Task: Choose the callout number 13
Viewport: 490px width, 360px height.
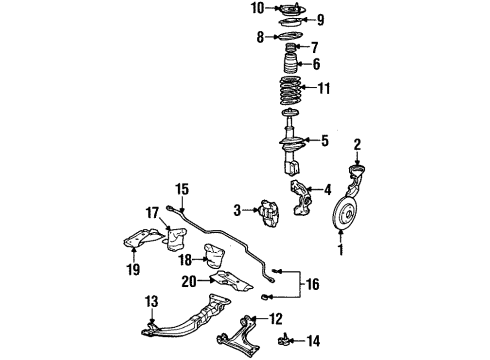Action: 152,302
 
